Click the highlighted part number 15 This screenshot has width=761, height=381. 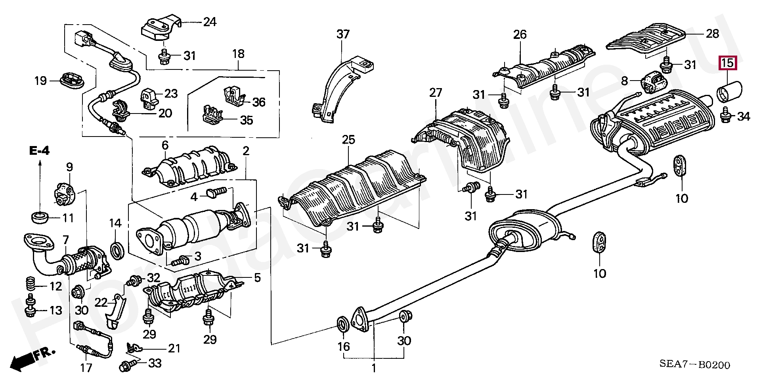(727, 63)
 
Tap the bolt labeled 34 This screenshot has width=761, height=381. (723, 117)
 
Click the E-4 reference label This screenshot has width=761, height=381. (39, 151)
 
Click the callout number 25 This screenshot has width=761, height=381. (348, 140)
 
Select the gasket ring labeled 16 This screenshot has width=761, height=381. (343, 323)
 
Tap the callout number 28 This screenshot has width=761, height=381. (712, 34)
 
